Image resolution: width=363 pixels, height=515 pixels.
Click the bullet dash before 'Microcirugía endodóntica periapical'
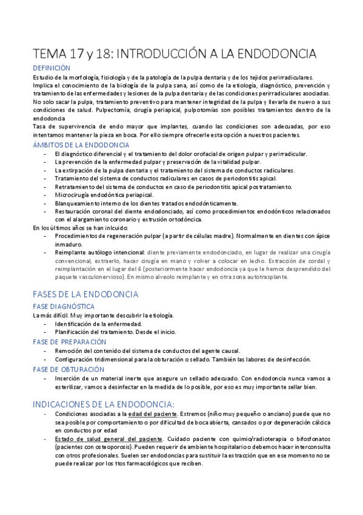46,195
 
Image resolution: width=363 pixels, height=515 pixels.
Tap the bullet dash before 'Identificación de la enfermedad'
46,324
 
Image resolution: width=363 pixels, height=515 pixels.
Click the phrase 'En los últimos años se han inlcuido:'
79,227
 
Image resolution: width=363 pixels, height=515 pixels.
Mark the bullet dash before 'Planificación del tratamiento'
46,332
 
